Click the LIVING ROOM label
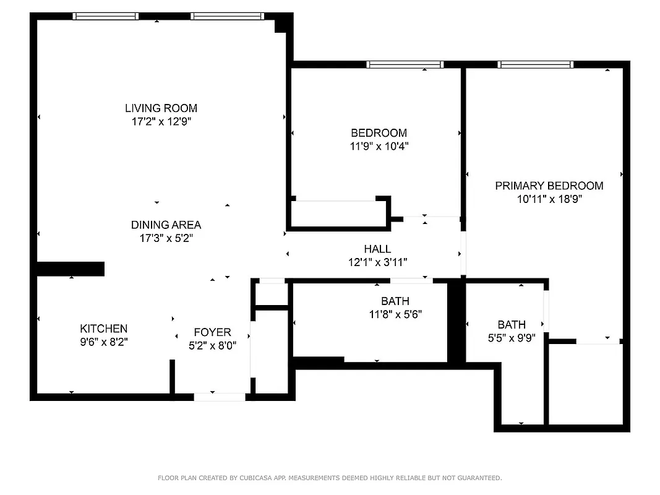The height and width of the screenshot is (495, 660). coord(161,108)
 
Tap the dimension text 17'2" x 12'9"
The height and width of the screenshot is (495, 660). coord(161,122)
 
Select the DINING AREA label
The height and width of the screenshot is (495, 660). coord(166,225)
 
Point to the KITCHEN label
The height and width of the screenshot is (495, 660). coord(103,329)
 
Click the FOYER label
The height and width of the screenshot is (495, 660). coord(212,332)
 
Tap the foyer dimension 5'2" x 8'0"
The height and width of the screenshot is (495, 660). coord(212,346)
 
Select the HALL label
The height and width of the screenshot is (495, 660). coord(377,249)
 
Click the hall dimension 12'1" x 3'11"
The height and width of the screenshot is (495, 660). coord(377,262)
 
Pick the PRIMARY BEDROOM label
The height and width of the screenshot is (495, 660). coord(549,186)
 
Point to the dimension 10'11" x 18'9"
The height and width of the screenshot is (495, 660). coord(549,199)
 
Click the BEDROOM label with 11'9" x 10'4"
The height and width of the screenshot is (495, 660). coord(379,132)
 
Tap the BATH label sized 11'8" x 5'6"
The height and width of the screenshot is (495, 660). coord(395,301)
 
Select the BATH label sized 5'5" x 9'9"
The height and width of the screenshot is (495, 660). coord(512,324)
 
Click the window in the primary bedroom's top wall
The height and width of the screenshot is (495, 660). coord(535,64)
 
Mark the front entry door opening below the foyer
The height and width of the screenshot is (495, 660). coord(219,397)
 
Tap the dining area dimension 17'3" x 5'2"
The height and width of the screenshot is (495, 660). coord(166,238)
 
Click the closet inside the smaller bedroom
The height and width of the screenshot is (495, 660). coord(336,214)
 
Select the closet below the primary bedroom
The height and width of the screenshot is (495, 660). coord(585,383)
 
